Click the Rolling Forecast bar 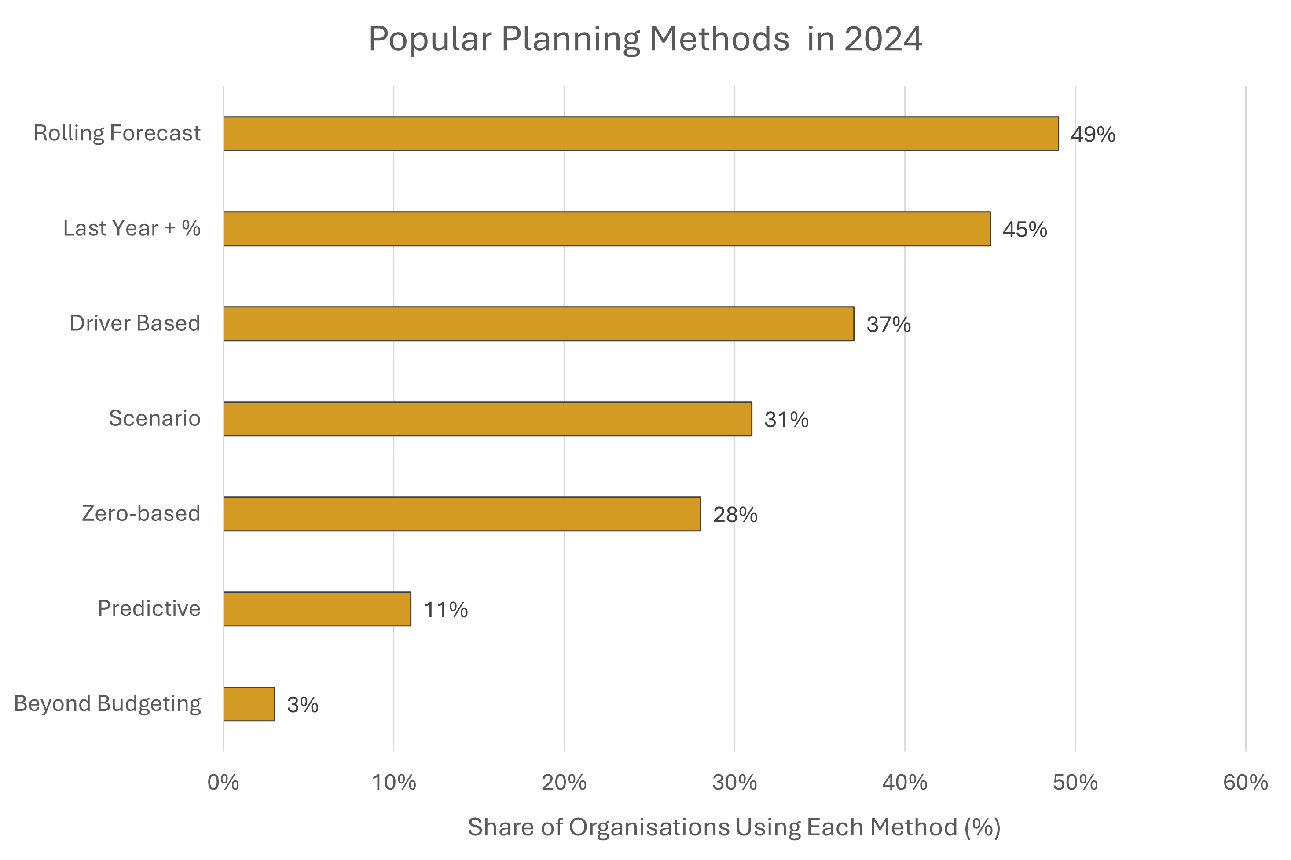tap(640, 133)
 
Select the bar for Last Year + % tap(606, 229)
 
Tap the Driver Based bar tap(538, 324)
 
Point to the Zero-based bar tap(462, 514)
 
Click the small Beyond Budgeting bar tap(249, 704)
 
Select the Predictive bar tap(316, 609)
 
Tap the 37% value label tap(888, 325)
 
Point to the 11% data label tap(445, 610)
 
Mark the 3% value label tap(302, 705)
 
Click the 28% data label tap(735, 515)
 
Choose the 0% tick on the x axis tap(223, 783)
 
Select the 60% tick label tap(1246, 783)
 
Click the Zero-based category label tap(141, 513)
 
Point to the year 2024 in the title tap(883, 39)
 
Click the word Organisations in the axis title tap(649, 827)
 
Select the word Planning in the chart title tap(570, 40)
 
